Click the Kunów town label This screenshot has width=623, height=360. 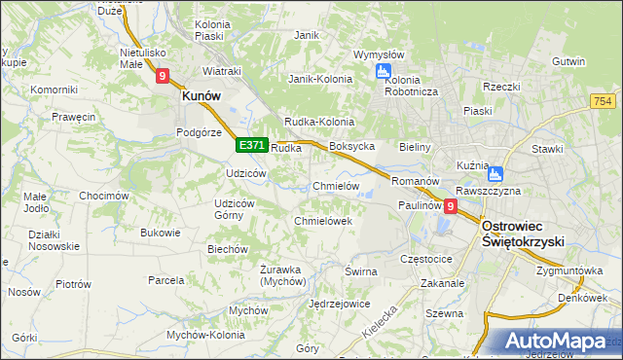pos(201,96)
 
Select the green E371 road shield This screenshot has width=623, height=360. pos(251,145)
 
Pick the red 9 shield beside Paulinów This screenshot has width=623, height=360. pos(451,206)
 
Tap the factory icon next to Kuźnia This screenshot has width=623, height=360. pos(495,175)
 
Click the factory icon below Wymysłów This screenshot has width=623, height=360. pos(384,71)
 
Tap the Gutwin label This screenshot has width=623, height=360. pos(568,61)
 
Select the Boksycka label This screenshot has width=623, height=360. pos(352,147)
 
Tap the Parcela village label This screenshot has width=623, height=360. pos(166,280)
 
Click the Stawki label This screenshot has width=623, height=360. pos(548,149)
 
